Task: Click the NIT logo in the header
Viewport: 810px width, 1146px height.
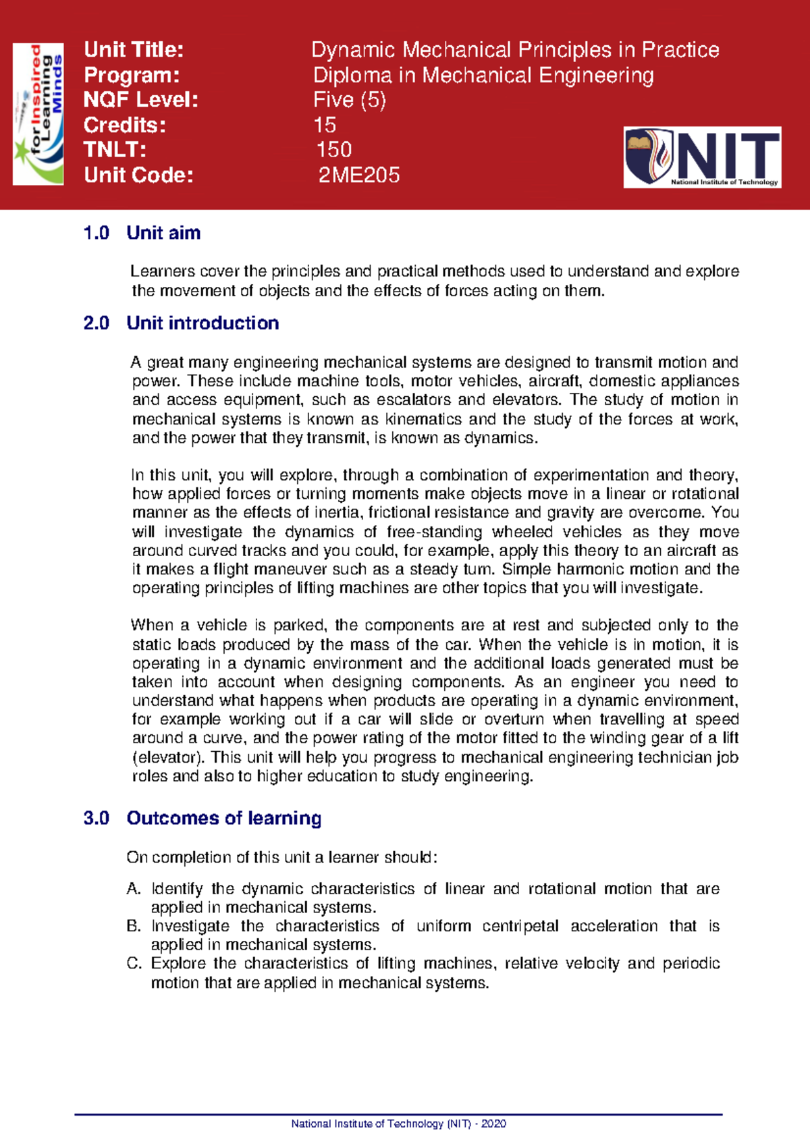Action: [702, 157]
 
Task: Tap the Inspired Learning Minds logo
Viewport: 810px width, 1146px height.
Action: [38, 114]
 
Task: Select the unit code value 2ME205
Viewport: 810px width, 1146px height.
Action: [359, 175]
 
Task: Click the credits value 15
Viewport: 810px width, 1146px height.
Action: [325, 125]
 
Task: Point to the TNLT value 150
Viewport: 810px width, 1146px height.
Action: [334, 150]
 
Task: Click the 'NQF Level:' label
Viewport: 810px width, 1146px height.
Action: [140, 100]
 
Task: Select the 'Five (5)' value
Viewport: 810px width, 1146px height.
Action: [350, 100]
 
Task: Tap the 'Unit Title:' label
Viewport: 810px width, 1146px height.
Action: [134, 50]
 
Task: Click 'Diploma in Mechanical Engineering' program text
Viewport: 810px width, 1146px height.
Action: [483, 75]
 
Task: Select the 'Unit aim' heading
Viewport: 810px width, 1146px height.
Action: [163, 233]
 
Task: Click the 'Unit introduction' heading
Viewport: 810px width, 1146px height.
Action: [202, 323]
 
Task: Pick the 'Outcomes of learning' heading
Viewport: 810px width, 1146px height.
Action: [223, 818]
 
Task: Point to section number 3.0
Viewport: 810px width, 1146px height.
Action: [96, 818]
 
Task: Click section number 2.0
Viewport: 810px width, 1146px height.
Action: [96, 323]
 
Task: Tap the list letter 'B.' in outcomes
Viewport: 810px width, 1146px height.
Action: [134, 927]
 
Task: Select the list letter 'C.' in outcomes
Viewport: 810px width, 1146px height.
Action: [134, 964]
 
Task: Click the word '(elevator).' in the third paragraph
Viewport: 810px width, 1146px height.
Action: [169, 757]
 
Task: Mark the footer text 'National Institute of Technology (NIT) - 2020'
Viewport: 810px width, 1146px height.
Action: [398, 1124]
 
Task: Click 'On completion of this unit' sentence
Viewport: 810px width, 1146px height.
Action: [282, 858]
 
